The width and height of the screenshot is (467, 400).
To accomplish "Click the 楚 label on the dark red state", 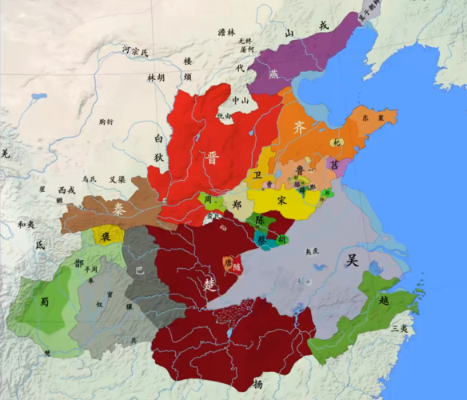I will (210, 284).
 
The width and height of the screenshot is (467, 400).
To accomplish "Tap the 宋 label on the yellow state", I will (281, 200).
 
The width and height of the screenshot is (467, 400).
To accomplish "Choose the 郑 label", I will (237, 205).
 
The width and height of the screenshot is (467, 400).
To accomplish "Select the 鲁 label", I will (297, 170).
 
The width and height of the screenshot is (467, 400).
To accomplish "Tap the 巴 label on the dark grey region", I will (140, 270).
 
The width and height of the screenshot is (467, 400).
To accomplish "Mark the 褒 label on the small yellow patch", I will (105, 236).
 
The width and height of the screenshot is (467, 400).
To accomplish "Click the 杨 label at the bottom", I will (257, 385).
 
